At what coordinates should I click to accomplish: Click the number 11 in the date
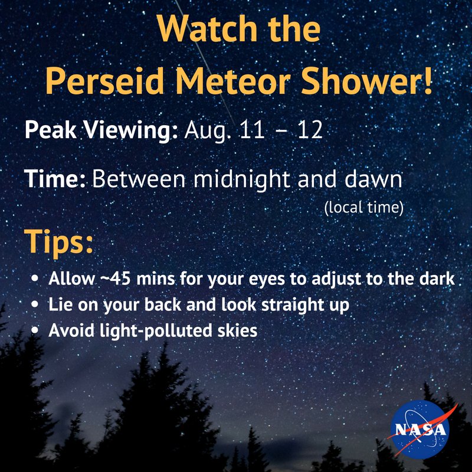(255, 130)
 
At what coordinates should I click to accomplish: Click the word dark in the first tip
(437, 278)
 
